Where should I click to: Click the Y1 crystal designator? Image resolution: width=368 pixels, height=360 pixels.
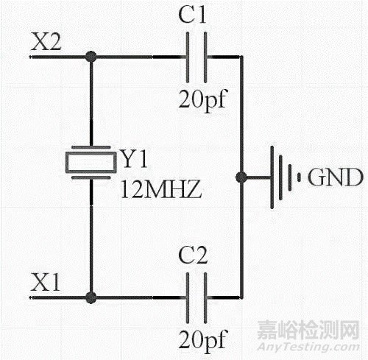click(134, 158)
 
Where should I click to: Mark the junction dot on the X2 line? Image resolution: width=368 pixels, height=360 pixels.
click(91, 56)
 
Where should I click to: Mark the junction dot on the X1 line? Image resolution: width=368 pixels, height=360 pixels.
click(91, 298)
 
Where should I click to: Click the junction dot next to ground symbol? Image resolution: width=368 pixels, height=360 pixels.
click(241, 177)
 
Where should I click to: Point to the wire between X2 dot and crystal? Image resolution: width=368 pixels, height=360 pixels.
click(91, 103)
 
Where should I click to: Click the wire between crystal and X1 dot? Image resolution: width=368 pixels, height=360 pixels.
click(91, 236)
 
